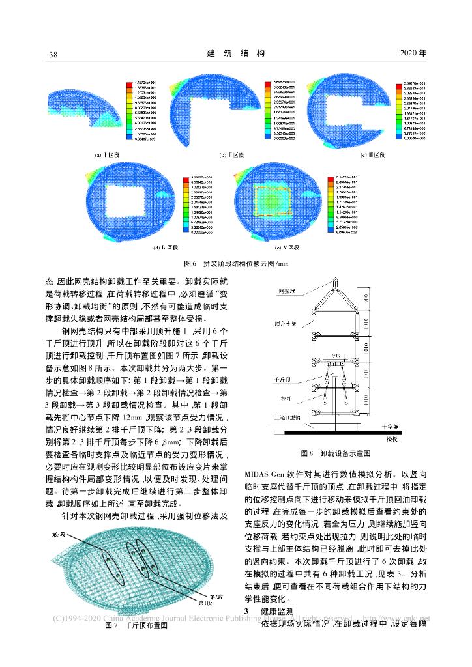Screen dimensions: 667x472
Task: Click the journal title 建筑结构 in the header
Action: pyautogui.click(x=235, y=53)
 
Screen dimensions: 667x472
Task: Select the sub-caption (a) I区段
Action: pyautogui.click(x=107, y=155)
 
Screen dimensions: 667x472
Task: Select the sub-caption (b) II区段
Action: pyautogui.click(x=231, y=155)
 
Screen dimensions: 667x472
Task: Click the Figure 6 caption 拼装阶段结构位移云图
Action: pyautogui.click(x=235, y=264)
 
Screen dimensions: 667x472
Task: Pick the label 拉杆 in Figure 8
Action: pyautogui.click(x=284, y=397)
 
